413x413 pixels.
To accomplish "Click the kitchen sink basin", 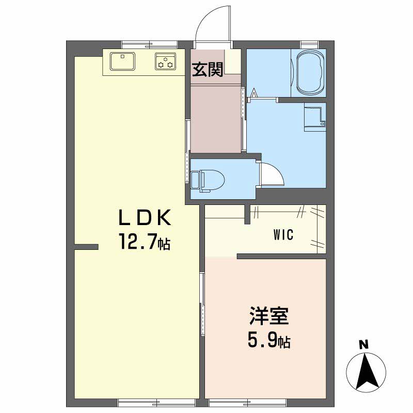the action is click(122, 61).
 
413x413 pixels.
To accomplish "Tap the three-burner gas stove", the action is click(165, 61).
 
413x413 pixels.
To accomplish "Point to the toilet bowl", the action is click(207, 180).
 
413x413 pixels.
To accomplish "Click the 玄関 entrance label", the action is click(208, 70).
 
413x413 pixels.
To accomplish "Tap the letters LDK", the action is click(145, 217).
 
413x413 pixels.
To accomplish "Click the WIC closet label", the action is click(283, 234).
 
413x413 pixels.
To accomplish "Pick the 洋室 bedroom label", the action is click(269, 315).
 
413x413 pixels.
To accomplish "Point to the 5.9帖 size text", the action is click(269, 341).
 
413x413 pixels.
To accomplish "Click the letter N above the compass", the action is click(365, 345).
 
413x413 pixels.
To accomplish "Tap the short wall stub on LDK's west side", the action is click(86, 247).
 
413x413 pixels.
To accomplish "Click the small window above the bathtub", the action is click(309, 44).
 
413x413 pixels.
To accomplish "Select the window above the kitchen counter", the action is click(150, 44).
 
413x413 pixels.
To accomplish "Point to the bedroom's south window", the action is click(248, 403).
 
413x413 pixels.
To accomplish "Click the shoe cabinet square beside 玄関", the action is click(233, 61).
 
